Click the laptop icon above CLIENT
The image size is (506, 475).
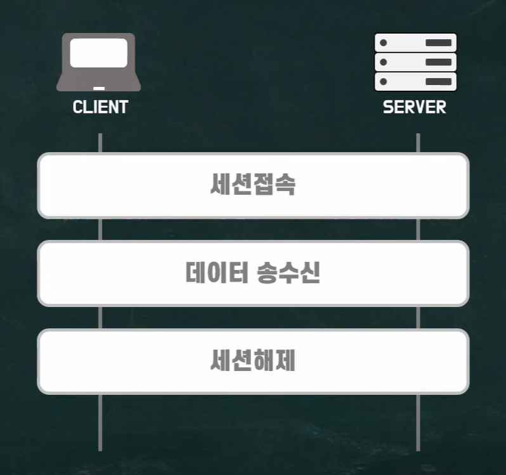(99, 62)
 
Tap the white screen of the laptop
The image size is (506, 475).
(99, 53)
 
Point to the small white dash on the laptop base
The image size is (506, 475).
(99, 88)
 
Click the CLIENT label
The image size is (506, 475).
(100, 107)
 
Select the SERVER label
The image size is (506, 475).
(415, 107)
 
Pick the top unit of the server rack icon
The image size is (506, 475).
(415, 42)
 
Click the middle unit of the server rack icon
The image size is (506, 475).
(415, 62)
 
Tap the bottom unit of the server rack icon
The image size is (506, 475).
(415, 82)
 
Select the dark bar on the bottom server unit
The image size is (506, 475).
(438, 82)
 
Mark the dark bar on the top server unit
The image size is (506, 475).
(438, 43)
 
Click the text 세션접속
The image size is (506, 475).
(253, 185)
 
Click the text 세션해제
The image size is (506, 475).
(253, 361)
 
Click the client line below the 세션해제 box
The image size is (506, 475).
(100, 422)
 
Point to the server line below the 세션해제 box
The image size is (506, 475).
(418, 422)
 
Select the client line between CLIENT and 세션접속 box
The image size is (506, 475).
(100, 143)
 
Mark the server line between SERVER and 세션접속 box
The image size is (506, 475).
(418, 143)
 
